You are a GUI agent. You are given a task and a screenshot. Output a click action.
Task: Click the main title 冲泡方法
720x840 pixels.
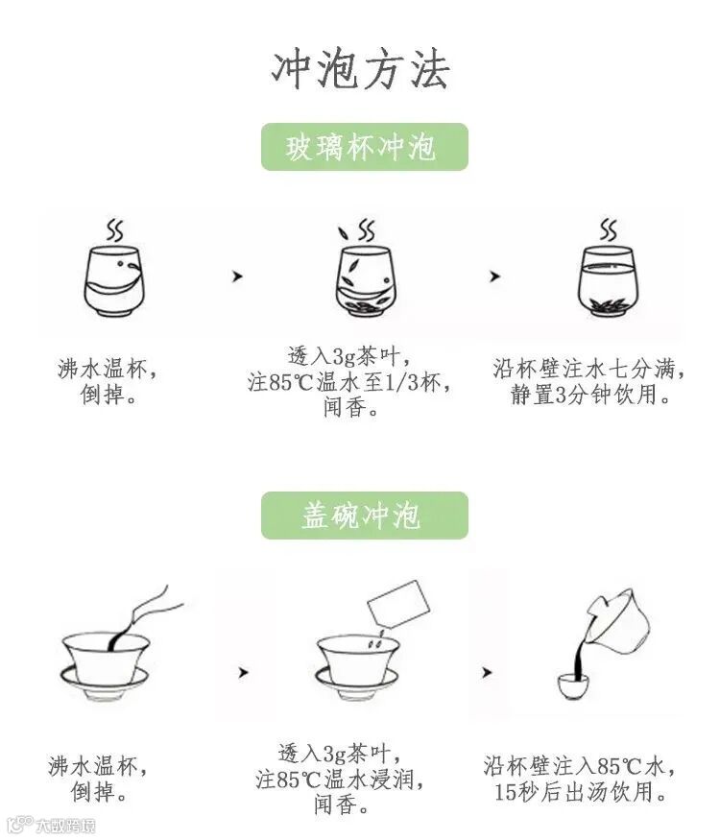point(360,70)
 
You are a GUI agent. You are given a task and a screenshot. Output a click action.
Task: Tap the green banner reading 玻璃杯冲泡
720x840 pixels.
point(364,147)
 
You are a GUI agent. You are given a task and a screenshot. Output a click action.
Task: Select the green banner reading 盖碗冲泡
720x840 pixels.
point(364,516)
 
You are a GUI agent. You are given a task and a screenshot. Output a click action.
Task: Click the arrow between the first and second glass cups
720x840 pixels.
point(237,276)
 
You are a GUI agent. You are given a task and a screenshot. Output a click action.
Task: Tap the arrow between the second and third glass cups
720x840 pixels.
point(494,276)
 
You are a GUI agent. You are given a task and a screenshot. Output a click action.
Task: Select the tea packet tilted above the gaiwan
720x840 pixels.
point(399,604)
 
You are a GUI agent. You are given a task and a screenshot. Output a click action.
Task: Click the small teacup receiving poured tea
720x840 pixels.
point(573,686)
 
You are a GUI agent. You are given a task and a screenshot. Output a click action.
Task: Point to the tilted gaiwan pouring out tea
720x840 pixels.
point(617,621)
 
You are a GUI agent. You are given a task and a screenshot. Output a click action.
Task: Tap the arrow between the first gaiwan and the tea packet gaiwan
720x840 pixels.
point(243,672)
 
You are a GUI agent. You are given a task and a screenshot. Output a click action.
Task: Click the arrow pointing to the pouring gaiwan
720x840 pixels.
point(487,672)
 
